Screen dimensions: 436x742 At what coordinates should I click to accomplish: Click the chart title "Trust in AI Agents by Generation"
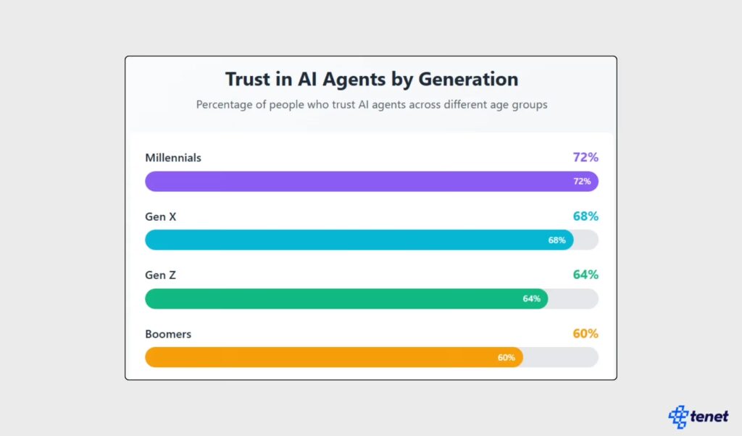pos(371,79)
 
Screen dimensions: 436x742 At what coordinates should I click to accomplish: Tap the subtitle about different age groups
pos(371,104)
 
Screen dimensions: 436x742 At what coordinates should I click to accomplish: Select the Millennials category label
pos(173,157)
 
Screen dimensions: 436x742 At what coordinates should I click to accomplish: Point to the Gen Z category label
pos(161,275)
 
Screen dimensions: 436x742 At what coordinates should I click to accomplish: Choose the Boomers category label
pos(168,335)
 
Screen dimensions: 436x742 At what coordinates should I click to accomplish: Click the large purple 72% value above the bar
pos(585,157)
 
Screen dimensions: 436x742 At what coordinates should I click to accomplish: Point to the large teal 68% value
pos(585,217)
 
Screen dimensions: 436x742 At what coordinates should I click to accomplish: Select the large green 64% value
pos(585,275)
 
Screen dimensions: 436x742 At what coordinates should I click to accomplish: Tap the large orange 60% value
pos(585,334)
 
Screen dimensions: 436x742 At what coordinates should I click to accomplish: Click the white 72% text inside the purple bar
pos(582,181)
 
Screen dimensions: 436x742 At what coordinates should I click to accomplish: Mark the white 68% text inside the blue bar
pos(556,240)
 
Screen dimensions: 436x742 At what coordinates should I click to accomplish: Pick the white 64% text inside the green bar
pos(531,298)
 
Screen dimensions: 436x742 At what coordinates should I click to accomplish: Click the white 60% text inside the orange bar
pos(506,357)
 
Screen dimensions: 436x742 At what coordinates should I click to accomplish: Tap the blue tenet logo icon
pos(679,416)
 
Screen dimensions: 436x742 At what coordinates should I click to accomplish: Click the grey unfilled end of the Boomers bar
pos(562,357)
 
